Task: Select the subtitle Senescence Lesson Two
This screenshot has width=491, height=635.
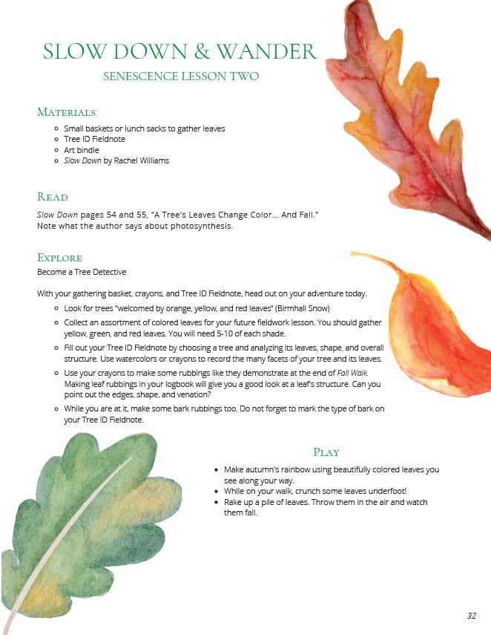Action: [x=181, y=76]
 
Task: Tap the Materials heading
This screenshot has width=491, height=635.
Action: [x=67, y=112]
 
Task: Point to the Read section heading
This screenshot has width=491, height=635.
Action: [x=53, y=197]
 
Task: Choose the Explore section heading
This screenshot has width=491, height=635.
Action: [x=59, y=258]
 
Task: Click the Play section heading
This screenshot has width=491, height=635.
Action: [x=326, y=452]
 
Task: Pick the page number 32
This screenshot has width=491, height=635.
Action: [x=472, y=616]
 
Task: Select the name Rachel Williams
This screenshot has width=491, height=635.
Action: [x=144, y=160]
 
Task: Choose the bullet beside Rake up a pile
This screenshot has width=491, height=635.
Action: [x=215, y=503]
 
